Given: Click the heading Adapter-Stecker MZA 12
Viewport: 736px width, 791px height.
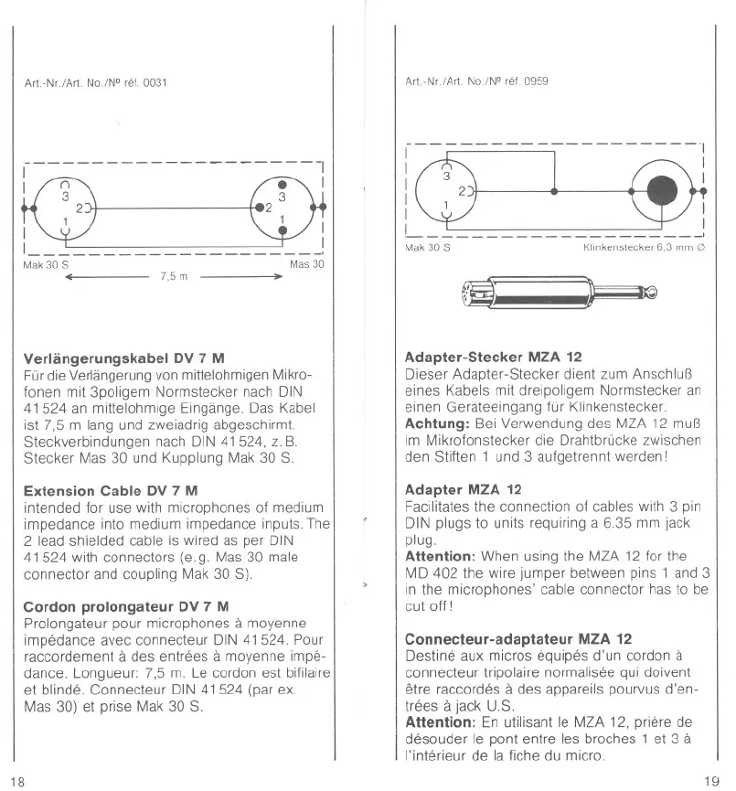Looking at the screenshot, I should pyautogui.click(x=493, y=357).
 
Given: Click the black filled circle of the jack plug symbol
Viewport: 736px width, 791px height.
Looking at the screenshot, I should pyautogui.click(x=664, y=191).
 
